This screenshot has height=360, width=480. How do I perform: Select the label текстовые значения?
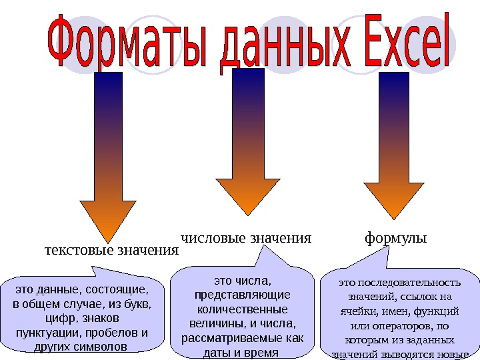pyautogui.click(x=111, y=251)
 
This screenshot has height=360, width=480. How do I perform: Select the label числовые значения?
pyautogui.click(x=247, y=237)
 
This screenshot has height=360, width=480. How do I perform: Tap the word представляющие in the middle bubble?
pyautogui.click(x=241, y=295)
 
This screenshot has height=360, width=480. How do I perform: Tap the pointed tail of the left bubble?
pyautogui.click(x=99, y=271)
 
